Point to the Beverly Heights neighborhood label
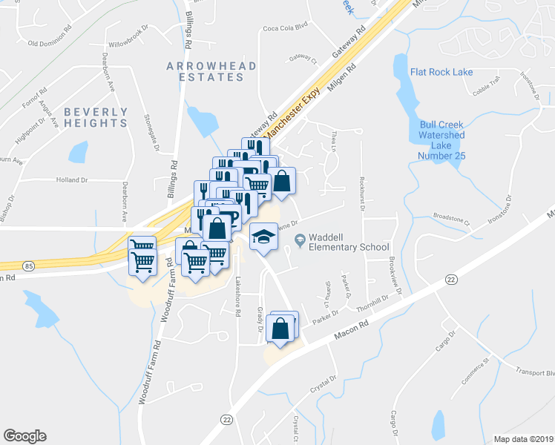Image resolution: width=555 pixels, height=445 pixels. tap(96, 117)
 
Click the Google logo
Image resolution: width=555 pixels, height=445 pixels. tap(24, 435)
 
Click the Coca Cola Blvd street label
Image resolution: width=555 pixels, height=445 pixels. tap(285, 30)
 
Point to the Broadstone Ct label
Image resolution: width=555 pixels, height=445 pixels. tap(452, 220)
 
